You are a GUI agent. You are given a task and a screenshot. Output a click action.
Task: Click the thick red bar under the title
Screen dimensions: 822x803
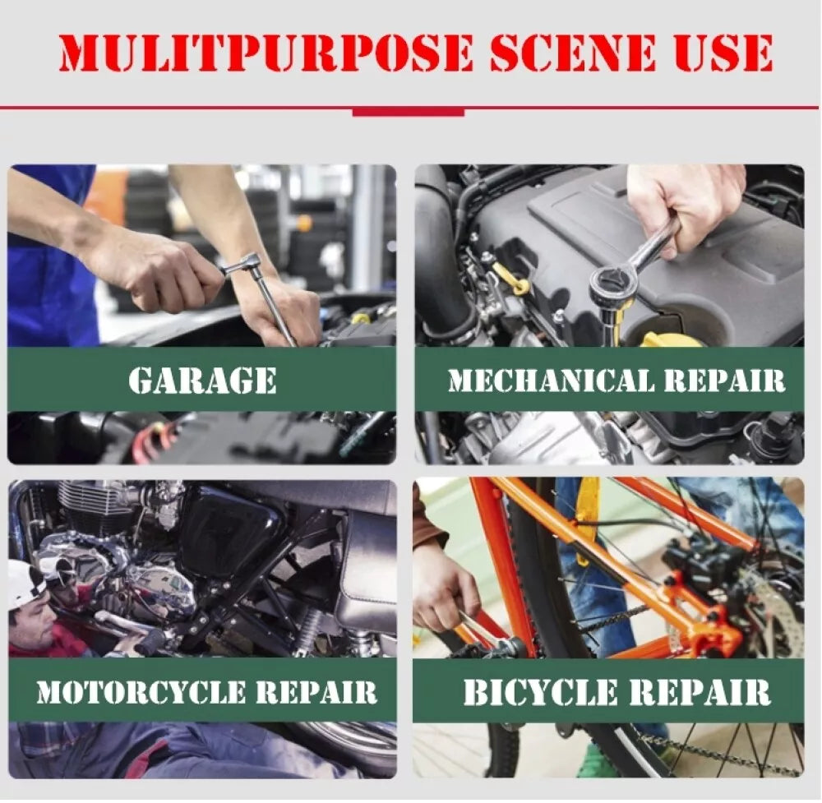pos(409,112)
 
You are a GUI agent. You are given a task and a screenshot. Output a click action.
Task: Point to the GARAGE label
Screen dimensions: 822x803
pos(202,380)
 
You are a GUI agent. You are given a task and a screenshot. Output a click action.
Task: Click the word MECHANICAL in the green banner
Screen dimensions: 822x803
pos(552,381)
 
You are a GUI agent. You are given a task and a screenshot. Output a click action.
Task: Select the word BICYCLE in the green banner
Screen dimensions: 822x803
pos(541,692)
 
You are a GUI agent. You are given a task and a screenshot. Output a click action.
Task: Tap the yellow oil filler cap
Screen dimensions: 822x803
pos(670,339)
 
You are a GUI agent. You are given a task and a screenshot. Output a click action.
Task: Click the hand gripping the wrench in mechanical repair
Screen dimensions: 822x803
pos(682,207)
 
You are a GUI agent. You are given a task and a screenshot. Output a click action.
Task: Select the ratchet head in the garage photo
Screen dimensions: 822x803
pos(242,264)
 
